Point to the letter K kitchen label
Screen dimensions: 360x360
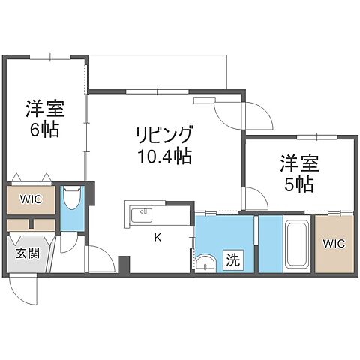[x=157, y=238]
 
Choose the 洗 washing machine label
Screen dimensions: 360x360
[x=233, y=262]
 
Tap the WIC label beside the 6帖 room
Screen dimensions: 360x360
[x=32, y=199]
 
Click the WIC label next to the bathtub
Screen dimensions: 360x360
[x=334, y=244]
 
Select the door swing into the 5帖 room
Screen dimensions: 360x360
[x=254, y=199]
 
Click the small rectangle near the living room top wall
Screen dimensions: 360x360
[x=204, y=100]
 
